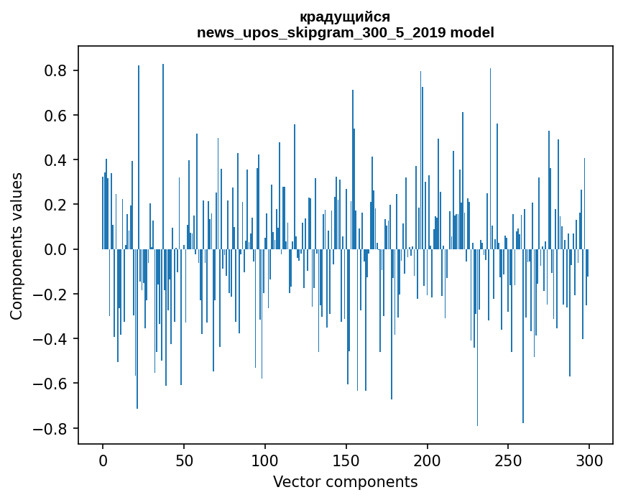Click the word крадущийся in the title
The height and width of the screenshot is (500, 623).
coord(345,17)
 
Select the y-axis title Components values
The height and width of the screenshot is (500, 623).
coord(17,246)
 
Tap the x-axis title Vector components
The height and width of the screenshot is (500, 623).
coord(345,481)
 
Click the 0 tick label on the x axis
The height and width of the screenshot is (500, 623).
coord(103,460)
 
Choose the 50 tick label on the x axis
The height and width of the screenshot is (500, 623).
coord(184,460)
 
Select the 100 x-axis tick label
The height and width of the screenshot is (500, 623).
coord(265,460)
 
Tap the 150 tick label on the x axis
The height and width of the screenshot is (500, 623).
coord(346,460)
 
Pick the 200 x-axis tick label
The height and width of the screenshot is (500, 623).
coord(427,460)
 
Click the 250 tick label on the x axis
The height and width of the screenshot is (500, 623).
coord(508,460)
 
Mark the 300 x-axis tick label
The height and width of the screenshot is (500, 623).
coord(589,460)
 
